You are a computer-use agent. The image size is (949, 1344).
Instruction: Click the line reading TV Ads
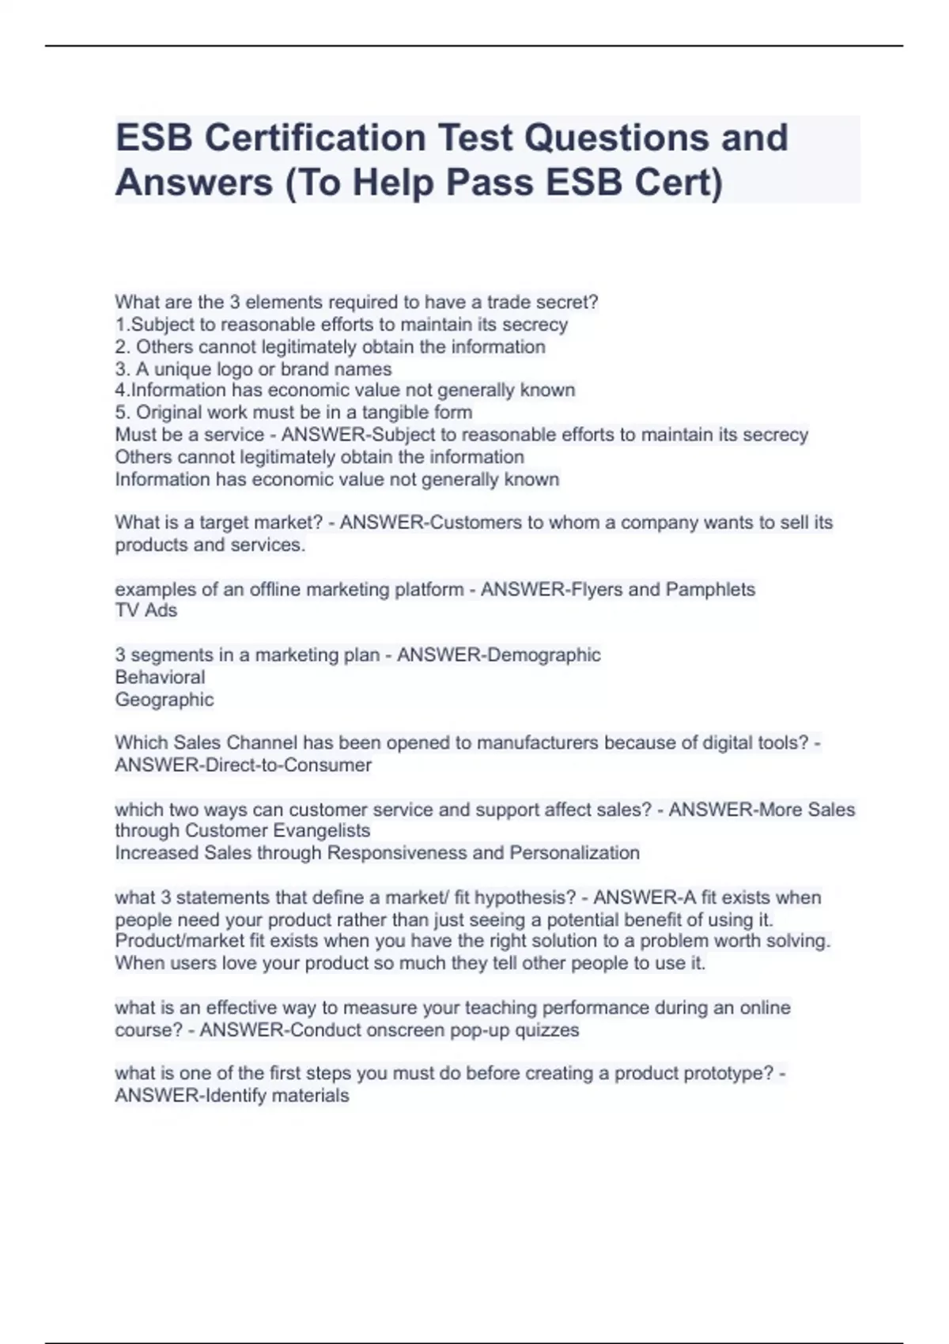coord(146,610)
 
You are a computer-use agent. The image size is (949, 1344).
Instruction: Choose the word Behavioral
coord(160,678)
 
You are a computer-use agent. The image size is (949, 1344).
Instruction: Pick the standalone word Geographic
coord(164,700)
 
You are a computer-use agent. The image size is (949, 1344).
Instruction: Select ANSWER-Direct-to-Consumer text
coord(244,765)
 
